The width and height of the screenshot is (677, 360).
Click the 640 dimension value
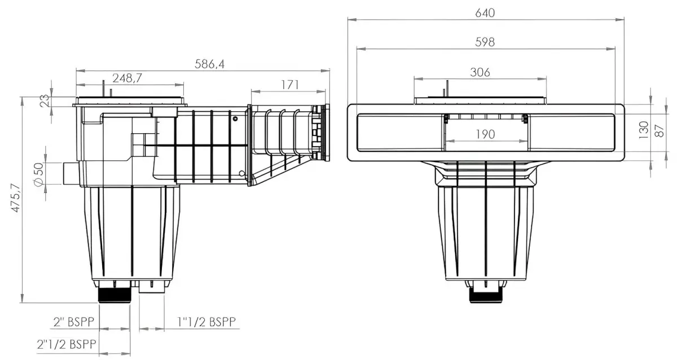[x=485, y=13]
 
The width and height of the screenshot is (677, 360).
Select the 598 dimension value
[x=485, y=42]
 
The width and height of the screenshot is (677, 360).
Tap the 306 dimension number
[x=480, y=72]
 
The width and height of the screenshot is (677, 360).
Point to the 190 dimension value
[x=485, y=134]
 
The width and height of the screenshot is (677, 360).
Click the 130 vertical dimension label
[x=644, y=130]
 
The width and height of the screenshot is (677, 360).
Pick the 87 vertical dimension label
[x=660, y=131]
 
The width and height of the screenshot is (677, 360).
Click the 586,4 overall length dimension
[x=209, y=64]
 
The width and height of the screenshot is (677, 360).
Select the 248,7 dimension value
[x=128, y=78]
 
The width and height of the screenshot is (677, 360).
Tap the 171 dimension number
[x=290, y=85]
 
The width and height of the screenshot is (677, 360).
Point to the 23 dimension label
[x=45, y=100]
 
